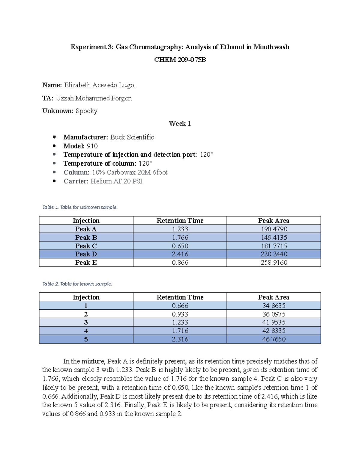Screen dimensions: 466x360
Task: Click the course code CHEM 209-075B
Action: [180, 60]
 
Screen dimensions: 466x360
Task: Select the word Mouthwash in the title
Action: [271, 47]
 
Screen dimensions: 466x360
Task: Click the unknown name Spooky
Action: [86, 111]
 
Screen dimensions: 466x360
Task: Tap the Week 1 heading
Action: [180, 124]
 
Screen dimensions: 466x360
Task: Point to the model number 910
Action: [92, 146]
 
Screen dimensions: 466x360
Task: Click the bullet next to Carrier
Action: [54, 181]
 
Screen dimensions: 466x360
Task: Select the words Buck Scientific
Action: [132, 137]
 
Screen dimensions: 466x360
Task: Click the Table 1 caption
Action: [80, 207]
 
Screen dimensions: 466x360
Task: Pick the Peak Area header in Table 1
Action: [274, 221]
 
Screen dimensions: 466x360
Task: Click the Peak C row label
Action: [86, 246]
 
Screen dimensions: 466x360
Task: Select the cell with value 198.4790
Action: [274, 229]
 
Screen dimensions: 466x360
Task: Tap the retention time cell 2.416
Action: [180, 254]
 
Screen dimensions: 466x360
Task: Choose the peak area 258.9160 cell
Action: [274, 263]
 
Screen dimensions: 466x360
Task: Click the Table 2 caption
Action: [77, 284]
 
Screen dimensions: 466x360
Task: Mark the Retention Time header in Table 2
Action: [180, 297]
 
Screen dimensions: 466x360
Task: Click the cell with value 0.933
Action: [180, 314]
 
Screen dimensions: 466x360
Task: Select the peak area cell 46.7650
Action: [274, 339]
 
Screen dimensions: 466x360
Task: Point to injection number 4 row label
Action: [86, 331]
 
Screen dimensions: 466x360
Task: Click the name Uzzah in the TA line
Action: [64, 98]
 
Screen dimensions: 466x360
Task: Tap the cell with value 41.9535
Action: [274, 322]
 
